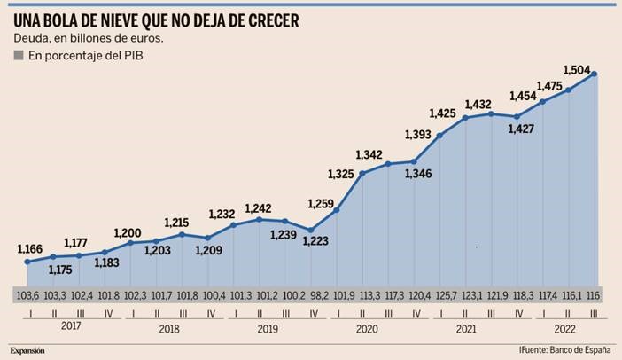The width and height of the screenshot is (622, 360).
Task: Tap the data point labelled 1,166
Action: (27, 262)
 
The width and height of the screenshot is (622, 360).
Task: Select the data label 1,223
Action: (312, 241)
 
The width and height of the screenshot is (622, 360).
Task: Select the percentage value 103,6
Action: (28, 294)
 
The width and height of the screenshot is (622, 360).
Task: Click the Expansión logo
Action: (27, 350)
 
